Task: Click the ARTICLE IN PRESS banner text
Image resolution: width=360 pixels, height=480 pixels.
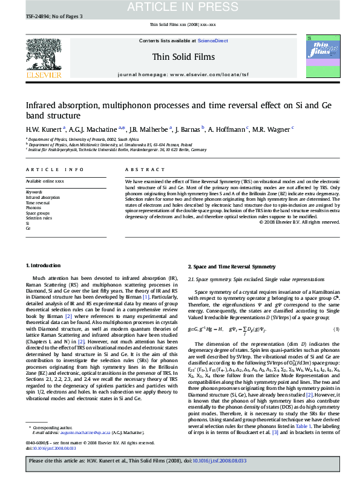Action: [180, 7]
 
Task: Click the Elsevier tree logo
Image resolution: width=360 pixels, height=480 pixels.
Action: [43, 56]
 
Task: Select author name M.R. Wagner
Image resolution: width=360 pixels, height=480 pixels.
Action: [273, 129]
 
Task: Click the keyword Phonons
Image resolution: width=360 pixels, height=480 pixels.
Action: [33, 207]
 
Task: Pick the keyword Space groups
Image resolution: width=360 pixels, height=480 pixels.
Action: [38, 213]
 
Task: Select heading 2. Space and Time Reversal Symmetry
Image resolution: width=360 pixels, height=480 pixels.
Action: [231, 266]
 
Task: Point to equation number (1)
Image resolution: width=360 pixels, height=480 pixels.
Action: [336, 328]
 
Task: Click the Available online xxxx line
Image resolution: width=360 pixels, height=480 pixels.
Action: [44, 181]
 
